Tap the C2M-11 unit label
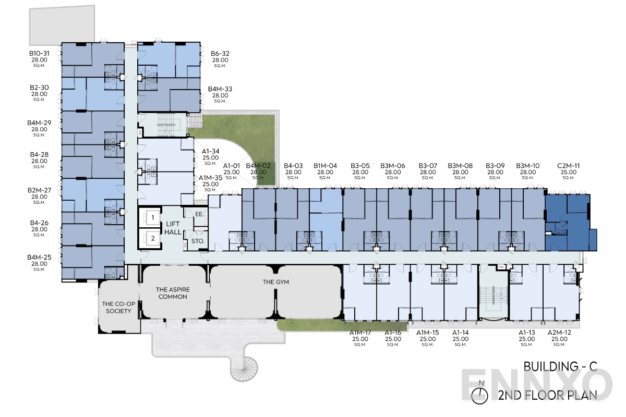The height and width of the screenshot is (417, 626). [x=568, y=166]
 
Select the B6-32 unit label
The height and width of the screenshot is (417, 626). [x=220, y=53]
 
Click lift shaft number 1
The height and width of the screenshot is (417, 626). [x=152, y=217]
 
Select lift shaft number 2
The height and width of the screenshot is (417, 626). [x=152, y=239]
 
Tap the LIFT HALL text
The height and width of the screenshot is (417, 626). [x=171, y=228]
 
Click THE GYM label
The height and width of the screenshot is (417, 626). [x=275, y=282]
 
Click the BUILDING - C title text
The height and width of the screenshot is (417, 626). [x=560, y=367]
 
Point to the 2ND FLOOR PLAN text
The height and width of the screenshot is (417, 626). [x=548, y=395]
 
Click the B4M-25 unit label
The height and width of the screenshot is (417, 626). [x=40, y=257]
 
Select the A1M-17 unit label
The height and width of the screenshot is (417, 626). [x=360, y=333]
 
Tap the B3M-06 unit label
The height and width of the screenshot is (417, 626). [x=393, y=166]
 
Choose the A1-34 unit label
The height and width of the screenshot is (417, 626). [x=211, y=151]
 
